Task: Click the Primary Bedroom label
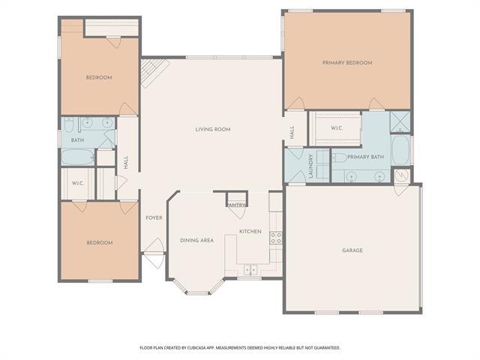(x=347, y=63)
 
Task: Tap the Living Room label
(x=213, y=130)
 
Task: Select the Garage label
(x=352, y=250)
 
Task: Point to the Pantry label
(x=237, y=205)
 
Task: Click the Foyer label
(x=154, y=218)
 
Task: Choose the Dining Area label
(x=196, y=241)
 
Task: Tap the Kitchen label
(x=250, y=232)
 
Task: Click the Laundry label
(x=310, y=166)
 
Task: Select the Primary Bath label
(x=365, y=157)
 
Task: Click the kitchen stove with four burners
(x=276, y=238)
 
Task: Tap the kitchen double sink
(x=250, y=270)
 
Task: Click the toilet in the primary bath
(x=340, y=158)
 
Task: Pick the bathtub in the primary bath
(x=400, y=150)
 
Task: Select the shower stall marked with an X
(x=400, y=121)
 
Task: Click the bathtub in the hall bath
(x=78, y=157)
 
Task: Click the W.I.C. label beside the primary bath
(x=337, y=128)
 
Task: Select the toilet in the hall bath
(x=68, y=124)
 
